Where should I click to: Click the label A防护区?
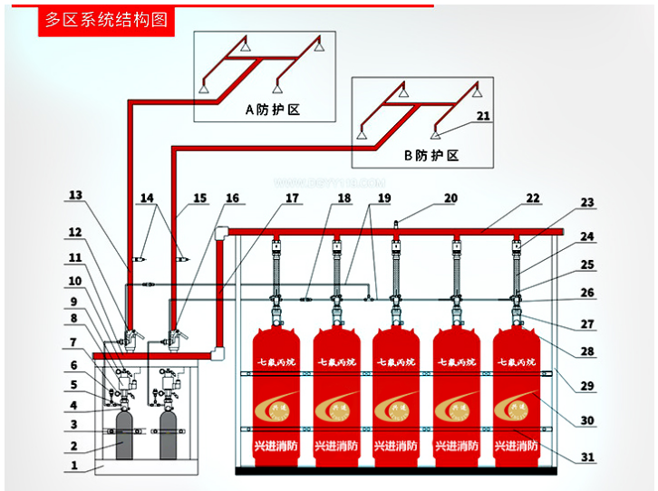coord(272,110)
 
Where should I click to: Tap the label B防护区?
coord(431,155)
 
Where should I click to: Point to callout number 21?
coord(482,116)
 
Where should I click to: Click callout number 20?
coord(450,198)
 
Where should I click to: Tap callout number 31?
coord(588,457)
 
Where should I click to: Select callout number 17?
coord(291,197)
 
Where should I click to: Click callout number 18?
coord(344,197)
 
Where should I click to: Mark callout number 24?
coord(588,236)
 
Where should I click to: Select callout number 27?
coord(588,323)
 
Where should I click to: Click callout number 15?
coord(200,197)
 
